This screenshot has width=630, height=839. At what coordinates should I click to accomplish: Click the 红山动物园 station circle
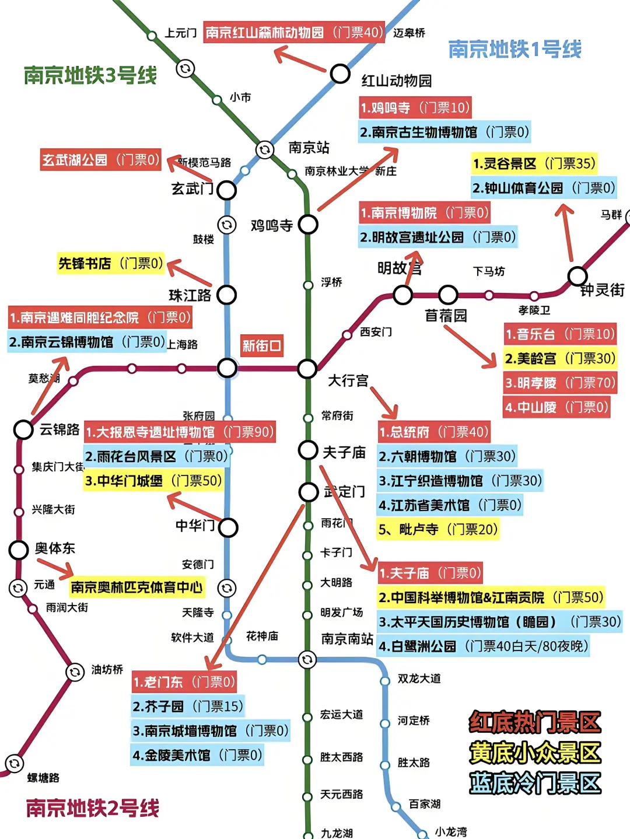340,74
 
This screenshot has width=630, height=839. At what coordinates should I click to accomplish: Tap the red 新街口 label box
262,346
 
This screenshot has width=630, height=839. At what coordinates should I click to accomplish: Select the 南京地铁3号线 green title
90,75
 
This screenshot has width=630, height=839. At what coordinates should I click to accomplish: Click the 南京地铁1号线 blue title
514,49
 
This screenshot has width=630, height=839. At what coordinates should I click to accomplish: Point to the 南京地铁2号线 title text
93,808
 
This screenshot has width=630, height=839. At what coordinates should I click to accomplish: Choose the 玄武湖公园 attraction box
100,160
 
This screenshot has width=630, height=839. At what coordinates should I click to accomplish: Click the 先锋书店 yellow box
111,264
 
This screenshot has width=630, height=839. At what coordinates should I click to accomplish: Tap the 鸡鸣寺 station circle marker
308,224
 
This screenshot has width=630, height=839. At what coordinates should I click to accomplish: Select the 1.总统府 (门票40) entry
433,432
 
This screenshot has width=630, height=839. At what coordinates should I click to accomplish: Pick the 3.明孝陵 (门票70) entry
559,383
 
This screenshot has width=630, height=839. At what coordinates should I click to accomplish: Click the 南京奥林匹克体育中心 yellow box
136,587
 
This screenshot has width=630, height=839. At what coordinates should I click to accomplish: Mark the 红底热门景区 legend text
534,722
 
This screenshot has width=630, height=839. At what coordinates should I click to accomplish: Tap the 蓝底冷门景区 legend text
534,783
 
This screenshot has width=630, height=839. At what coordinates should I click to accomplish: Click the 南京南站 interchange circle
307,659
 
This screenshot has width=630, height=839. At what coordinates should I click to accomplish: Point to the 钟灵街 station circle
577,275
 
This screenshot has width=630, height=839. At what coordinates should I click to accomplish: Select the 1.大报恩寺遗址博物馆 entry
180,432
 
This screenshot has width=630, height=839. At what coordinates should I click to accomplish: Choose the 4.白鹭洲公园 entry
483,646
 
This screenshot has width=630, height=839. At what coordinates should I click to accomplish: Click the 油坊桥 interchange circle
75,672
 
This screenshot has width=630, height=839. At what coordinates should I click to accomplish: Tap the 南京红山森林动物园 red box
294,32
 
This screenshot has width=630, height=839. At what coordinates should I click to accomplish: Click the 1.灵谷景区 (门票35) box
534,163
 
